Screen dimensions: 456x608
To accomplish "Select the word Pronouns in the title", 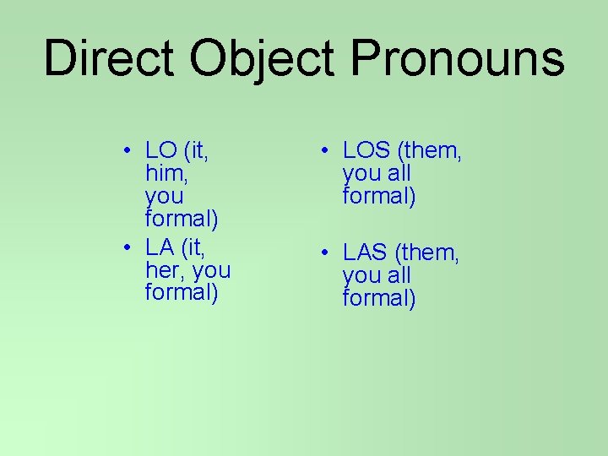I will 457,59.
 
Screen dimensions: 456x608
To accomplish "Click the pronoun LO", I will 160,151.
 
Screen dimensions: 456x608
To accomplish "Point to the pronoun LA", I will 160,247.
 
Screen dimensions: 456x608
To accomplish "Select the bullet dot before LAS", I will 323,253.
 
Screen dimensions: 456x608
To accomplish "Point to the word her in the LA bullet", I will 163,270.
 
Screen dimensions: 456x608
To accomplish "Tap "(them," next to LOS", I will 432,152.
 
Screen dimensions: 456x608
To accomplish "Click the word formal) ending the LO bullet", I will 182,220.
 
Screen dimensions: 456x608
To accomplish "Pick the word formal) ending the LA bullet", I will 182,293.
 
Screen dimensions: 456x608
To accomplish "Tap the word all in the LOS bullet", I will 399,174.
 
